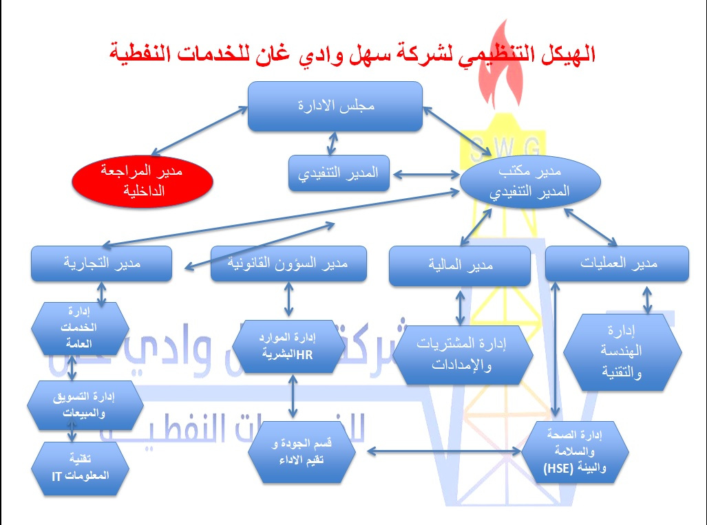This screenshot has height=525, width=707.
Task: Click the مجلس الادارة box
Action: tap(335, 106)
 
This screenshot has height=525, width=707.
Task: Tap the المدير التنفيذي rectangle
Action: tap(339, 173)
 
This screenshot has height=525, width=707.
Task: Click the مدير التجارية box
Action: tap(101, 263)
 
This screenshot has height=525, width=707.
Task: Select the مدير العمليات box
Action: tap(617, 263)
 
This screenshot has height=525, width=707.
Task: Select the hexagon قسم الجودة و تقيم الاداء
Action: tap(304, 453)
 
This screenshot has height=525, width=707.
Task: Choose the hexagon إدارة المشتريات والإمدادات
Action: tap(469, 355)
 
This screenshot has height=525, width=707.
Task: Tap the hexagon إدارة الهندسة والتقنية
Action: tap(623, 353)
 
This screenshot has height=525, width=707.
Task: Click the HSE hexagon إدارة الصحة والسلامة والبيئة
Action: tap(576, 451)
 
